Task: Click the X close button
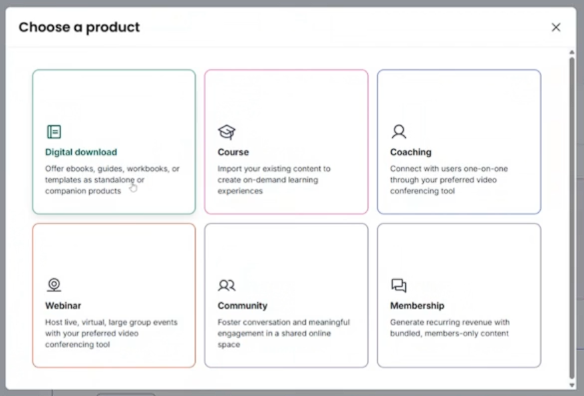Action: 555,27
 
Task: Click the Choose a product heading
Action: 79,27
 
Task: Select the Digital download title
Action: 81,152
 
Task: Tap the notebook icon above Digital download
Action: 54,132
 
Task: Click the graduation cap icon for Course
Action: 227,132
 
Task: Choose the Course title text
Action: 233,152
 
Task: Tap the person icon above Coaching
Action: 399,132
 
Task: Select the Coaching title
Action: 411,152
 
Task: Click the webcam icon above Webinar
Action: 54,285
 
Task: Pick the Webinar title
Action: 63,305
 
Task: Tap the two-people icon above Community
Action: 227,286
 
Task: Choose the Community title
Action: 243,305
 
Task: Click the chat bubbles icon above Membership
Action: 399,286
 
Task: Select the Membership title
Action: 417,305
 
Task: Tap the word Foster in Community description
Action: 229,322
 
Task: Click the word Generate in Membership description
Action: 406,322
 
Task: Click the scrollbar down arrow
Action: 572,385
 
